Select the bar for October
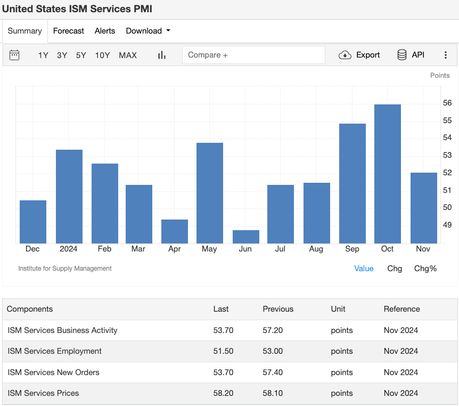(x=388, y=174)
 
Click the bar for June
(x=246, y=237)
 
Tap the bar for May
(x=210, y=193)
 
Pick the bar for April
(x=175, y=231)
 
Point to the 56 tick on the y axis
(x=447, y=103)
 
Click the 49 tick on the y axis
(x=447, y=225)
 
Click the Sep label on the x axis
(x=352, y=249)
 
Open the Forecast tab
(x=69, y=31)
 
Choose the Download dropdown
(x=148, y=31)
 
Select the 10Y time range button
(x=103, y=55)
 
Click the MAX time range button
(x=128, y=55)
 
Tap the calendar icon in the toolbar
(x=14, y=55)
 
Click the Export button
(x=360, y=55)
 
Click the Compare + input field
(x=253, y=55)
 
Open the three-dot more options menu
(x=446, y=55)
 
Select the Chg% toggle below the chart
(x=425, y=269)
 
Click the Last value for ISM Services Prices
(x=223, y=393)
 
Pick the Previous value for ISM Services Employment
(x=273, y=351)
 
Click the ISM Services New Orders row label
(x=53, y=372)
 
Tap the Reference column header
(x=401, y=309)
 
